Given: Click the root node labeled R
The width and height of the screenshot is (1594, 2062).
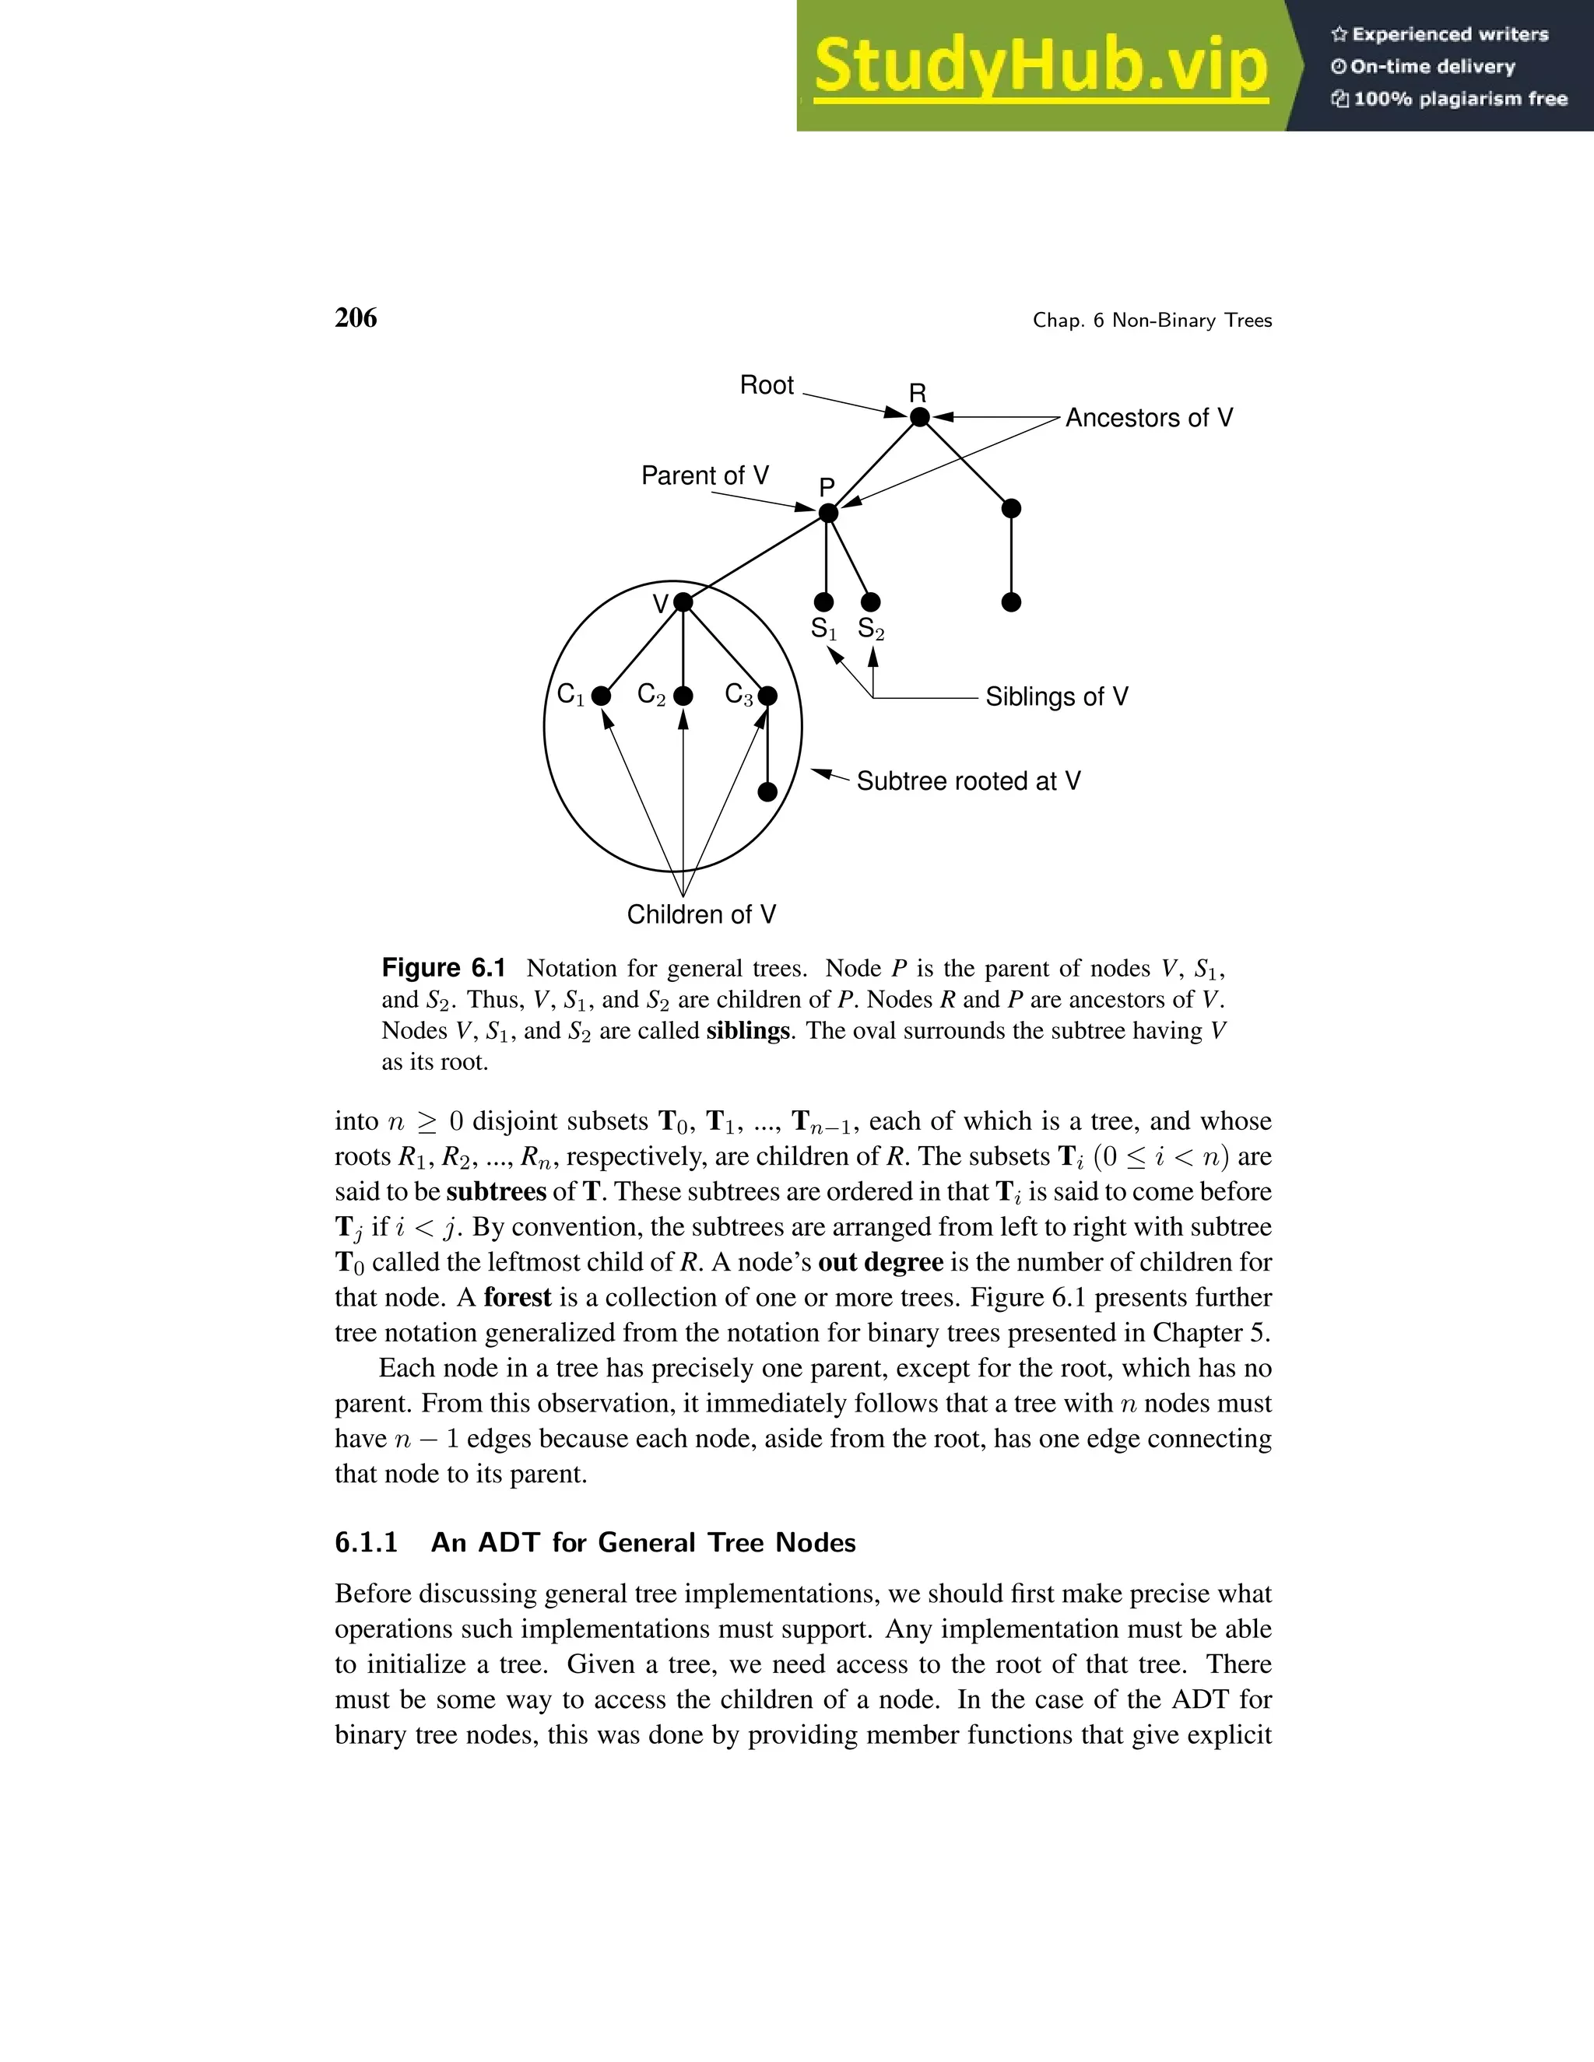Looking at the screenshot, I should pyautogui.click(x=919, y=416).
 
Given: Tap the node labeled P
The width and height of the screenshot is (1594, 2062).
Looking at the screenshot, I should pyautogui.click(x=828, y=513).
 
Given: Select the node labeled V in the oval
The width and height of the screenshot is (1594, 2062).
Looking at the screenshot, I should pyautogui.click(x=683, y=602).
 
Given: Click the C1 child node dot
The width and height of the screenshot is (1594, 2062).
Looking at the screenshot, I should pyautogui.click(x=601, y=696).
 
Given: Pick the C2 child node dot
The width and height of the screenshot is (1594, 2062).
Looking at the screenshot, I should pyautogui.click(x=683, y=696).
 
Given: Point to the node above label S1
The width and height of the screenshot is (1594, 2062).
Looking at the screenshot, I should pyautogui.click(x=824, y=601).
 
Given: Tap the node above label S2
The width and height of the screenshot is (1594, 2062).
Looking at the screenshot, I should pyautogui.click(x=872, y=601).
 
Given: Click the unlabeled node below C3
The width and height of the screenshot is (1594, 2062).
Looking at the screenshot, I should pyautogui.click(x=767, y=791).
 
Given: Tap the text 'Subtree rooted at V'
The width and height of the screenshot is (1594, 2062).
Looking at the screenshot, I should pyautogui.click(x=968, y=780).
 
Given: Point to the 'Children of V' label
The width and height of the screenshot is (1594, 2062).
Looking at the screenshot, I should pyautogui.click(x=700, y=914).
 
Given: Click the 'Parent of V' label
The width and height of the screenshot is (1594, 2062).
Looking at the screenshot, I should pyautogui.click(x=704, y=475).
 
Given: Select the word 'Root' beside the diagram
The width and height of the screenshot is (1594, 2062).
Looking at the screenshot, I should pyautogui.click(x=766, y=385).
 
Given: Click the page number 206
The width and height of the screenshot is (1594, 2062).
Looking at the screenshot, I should pyautogui.click(x=355, y=318).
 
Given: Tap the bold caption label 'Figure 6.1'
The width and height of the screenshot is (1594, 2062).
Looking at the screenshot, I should pyautogui.click(x=443, y=968).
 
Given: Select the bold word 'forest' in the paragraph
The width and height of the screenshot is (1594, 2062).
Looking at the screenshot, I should pyautogui.click(x=517, y=1297).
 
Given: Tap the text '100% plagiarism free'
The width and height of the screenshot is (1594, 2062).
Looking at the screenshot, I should pyautogui.click(x=1459, y=99).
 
